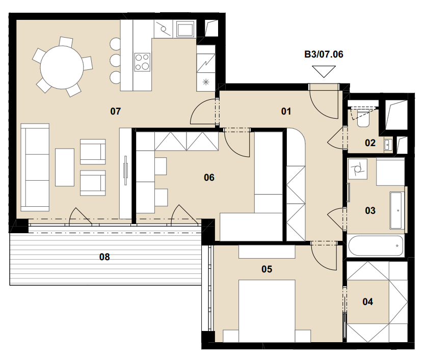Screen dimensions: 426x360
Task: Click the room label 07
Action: coord(116,111)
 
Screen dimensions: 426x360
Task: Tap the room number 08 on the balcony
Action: coord(104,257)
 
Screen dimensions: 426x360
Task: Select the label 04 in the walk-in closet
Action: coord(368,301)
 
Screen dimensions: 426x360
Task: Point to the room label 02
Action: coord(370,143)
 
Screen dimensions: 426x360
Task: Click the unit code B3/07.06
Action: coord(324,54)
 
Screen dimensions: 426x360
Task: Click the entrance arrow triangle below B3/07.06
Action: coord(324,71)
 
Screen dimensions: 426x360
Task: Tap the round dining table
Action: coord(62,67)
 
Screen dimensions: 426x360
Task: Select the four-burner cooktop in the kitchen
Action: coord(142,62)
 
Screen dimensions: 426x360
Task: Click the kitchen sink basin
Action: coord(185,29)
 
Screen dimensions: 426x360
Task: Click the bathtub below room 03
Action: coord(376,246)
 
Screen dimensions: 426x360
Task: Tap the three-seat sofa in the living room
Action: coord(35,167)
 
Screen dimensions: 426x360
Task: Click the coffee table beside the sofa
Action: coord(65,167)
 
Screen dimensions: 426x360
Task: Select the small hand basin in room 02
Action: coord(387,145)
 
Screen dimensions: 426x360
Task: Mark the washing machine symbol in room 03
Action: coord(358,169)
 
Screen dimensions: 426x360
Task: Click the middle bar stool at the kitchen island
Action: coord(115,60)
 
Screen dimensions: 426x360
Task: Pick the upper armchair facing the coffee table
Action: coord(93,152)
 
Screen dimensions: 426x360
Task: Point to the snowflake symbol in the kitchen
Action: coord(206,81)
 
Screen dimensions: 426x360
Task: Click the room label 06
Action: coord(209,178)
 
